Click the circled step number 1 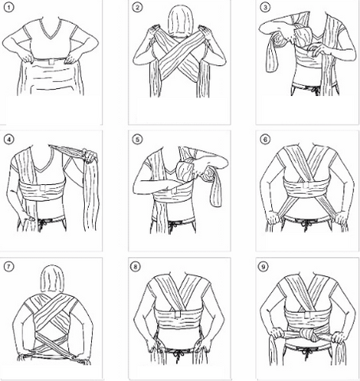click(10, 9)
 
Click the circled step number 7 click(10, 265)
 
